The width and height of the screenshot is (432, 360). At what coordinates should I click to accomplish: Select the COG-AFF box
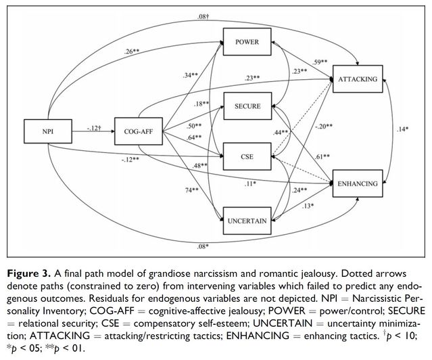pos(137,131)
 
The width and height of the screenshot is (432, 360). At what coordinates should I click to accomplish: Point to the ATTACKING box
pos(357,80)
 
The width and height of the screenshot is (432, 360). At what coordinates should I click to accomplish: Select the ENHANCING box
pos(357,183)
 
